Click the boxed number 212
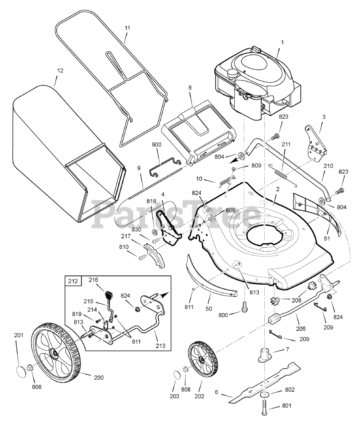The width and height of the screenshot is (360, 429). pyautogui.click(x=73, y=281)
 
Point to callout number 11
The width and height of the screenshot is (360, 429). pyautogui.click(x=127, y=28)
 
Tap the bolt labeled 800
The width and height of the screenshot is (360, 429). pyautogui.click(x=244, y=306)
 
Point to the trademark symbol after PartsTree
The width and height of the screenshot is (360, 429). pyautogui.click(x=261, y=202)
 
